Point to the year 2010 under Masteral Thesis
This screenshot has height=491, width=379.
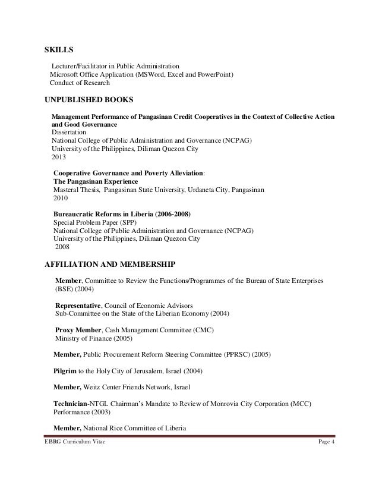click(x=61, y=199)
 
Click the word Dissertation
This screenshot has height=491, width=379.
click(x=68, y=132)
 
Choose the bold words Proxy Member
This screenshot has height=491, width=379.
click(x=78, y=330)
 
